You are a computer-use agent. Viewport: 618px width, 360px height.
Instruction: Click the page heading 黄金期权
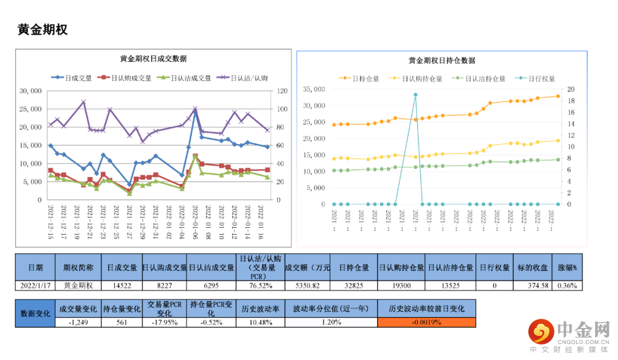point(43,30)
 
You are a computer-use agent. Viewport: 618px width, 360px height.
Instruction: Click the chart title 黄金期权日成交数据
point(153,58)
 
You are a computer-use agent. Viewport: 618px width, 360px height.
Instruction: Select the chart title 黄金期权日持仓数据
point(442,60)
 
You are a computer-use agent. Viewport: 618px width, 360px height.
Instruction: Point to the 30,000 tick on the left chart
point(30,91)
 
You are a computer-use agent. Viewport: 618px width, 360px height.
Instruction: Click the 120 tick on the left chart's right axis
point(282,91)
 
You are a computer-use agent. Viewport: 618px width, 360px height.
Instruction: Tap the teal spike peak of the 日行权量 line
point(415,95)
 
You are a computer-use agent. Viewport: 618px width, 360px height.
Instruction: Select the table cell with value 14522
point(122,285)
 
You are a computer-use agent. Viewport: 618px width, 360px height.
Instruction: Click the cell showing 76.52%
point(260,285)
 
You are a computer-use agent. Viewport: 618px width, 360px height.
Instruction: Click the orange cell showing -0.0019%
point(426,322)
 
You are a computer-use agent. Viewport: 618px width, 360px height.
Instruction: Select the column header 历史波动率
point(260,309)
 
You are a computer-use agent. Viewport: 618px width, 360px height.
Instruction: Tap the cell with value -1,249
point(78,322)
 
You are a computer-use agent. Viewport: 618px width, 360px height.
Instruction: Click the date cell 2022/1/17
point(35,285)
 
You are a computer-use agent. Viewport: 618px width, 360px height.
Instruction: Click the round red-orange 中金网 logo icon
point(541,331)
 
